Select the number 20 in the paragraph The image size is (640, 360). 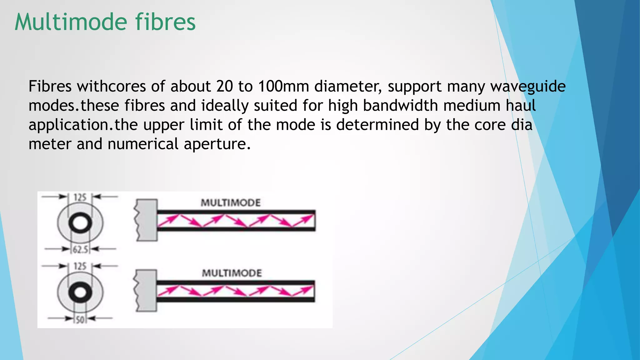(x=224, y=86)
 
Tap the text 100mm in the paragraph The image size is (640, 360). (x=283, y=86)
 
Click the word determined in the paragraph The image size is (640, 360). (x=377, y=125)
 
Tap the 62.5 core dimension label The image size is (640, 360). (x=81, y=249)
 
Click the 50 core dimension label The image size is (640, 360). (x=80, y=320)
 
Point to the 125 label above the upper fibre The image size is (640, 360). (x=80, y=197)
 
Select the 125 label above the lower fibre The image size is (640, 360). (x=80, y=267)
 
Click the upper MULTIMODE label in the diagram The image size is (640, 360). (x=231, y=203)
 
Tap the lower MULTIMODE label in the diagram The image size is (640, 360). (x=232, y=273)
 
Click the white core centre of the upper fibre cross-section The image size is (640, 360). (x=80, y=223)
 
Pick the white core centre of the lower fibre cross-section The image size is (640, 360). (x=80, y=293)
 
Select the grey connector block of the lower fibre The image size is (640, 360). (x=146, y=291)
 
